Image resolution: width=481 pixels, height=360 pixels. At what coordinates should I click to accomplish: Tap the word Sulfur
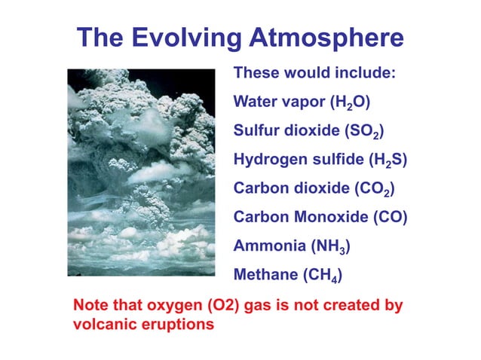(253, 131)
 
